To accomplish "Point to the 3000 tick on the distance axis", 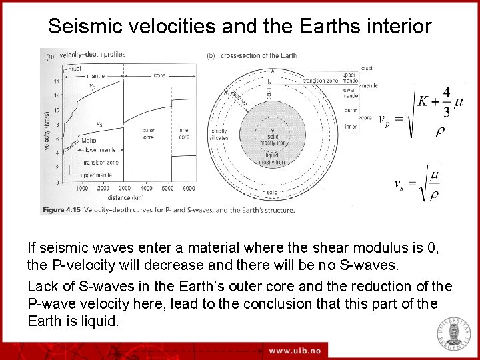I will [125, 189].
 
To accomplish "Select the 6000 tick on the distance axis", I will [188, 189].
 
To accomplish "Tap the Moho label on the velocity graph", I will [89, 141].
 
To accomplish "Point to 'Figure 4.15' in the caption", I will [61, 210].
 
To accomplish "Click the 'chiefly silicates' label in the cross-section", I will [219, 135].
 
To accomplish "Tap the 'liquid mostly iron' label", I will [272, 159].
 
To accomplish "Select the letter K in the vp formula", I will [423, 101].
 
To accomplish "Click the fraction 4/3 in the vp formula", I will [446, 101].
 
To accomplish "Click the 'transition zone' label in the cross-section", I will [322, 80].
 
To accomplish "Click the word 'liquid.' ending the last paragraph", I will [100, 321].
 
